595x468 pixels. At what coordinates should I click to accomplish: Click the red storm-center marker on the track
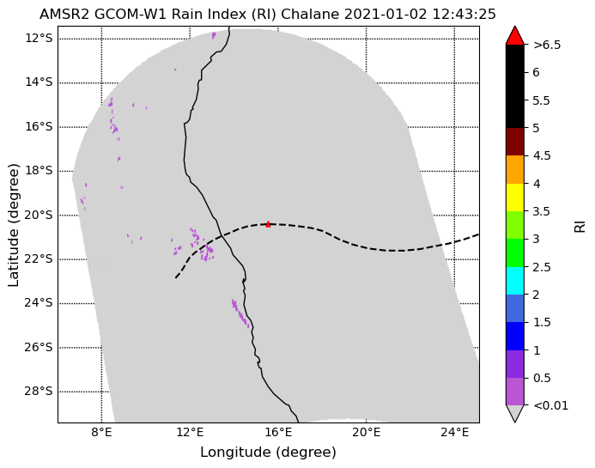click(268, 224)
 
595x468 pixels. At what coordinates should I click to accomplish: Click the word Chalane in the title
click(310, 15)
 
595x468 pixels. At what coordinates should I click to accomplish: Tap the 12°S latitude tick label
click(39, 39)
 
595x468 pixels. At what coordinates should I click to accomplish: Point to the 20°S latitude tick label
click(39, 216)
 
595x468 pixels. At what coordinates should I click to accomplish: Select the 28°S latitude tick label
click(39, 392)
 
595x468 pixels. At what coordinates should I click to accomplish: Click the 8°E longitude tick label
click(101, 432)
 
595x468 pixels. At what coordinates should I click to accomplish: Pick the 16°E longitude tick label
click(278, 432)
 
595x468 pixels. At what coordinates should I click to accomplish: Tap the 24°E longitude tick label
click(454, 432)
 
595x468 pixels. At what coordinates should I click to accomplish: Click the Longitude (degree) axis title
click(268, 452)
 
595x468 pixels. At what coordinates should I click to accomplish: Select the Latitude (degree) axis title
click(13, 225)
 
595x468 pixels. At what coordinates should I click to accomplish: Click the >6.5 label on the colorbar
click(547, 46)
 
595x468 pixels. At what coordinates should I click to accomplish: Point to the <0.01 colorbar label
click(551, 406)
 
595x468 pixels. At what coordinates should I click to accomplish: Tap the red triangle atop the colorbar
click(515, 37)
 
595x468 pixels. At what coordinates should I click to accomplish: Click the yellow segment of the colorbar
click(515, 198)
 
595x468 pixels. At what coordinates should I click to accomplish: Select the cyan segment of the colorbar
click(515, 281)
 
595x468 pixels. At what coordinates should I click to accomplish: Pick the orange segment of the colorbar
click(515, 170)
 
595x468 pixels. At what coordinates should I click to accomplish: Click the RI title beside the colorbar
click(580, 225)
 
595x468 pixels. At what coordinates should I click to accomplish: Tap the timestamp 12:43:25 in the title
click(467, 15)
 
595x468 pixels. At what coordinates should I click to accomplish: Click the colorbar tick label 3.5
click(542, 211)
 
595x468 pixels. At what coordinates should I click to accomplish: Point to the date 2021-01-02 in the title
click(389, 15)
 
